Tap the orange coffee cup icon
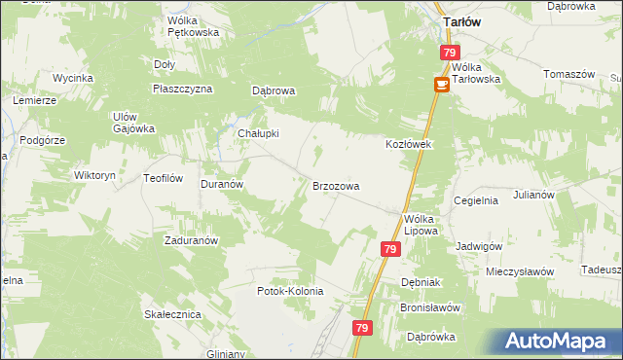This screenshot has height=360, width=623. pos(440,86)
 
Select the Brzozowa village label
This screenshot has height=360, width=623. pos(336,185)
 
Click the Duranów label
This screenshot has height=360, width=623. pos(221,183)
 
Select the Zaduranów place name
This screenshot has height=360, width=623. pos(191,239)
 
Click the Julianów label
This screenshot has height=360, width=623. pos(533,195)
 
